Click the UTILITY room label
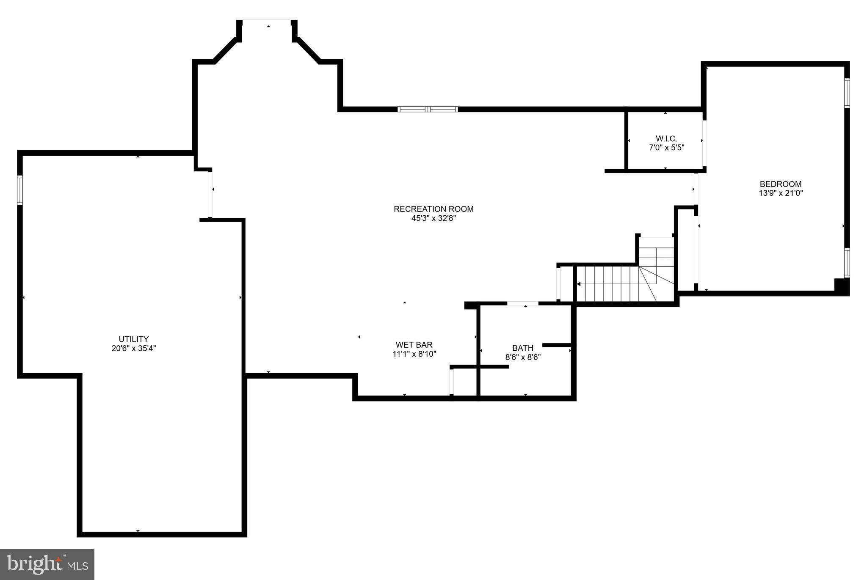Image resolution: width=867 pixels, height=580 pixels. point(133,339)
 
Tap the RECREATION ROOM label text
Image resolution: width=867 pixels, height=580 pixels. point(433,209)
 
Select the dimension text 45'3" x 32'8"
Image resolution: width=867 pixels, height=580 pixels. point(433,218)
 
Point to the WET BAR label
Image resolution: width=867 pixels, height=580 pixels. point(414,345)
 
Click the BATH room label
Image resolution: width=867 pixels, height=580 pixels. point(523,348)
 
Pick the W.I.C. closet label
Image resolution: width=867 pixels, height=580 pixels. point(666,139)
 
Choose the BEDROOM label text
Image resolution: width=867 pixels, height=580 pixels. point(781,184)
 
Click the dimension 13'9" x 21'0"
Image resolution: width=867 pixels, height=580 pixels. point(781,193)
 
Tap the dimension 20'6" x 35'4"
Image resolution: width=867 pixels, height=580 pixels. point(133,349)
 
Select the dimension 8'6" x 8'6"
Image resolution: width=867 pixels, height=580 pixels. point(523,357)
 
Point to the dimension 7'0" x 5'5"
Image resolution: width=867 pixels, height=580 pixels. point(666,148)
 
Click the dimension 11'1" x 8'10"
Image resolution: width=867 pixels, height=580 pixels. point(414,354)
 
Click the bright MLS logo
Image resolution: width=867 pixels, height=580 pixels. point(47,564)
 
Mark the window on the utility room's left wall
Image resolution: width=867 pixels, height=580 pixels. point(20,190)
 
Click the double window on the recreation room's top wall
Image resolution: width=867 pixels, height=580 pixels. point(428,109)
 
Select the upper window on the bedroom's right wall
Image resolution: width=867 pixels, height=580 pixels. point(847,93)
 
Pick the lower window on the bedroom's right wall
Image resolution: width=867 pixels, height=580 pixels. point(847,262)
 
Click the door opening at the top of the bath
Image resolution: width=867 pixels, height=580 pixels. point(523,303)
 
